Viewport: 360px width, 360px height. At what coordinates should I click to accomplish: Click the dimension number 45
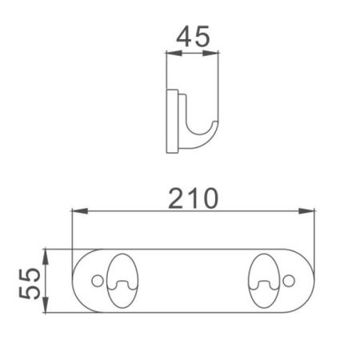[192, 36]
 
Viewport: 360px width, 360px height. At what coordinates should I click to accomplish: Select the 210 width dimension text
[192, 197]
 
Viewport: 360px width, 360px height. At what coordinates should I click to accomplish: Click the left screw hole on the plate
[98, 282]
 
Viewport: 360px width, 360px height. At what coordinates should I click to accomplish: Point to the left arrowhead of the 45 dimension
[169, 54]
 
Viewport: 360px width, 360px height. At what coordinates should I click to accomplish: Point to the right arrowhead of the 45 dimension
[216, 54]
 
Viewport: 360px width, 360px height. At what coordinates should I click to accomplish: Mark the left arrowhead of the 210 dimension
[76, 212]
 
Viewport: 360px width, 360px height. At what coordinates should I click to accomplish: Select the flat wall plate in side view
[171, 121]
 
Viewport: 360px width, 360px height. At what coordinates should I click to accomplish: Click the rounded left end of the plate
[80, 282]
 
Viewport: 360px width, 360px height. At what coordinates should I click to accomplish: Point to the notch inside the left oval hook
[122, 285]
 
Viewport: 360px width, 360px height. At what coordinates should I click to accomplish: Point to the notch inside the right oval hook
[265, 285]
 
